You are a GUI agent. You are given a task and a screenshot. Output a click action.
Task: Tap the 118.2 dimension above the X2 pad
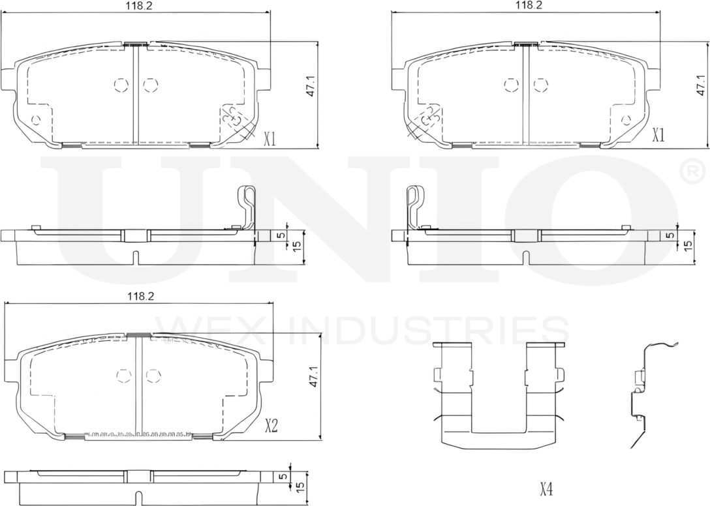[140, 297]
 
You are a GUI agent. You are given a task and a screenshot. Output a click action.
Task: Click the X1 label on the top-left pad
[270, 138]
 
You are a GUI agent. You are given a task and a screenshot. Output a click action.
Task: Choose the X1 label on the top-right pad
[658, 135]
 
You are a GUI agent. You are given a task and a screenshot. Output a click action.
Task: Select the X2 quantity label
[271, 427]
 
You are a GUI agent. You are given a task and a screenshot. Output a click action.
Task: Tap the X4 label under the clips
[546, 488]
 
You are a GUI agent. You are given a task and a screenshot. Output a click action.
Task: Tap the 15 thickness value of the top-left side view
[296, 246]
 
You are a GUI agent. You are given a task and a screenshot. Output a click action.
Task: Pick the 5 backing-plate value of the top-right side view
[669, 235]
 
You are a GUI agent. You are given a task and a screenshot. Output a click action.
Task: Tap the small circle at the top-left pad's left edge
[36, 119]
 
